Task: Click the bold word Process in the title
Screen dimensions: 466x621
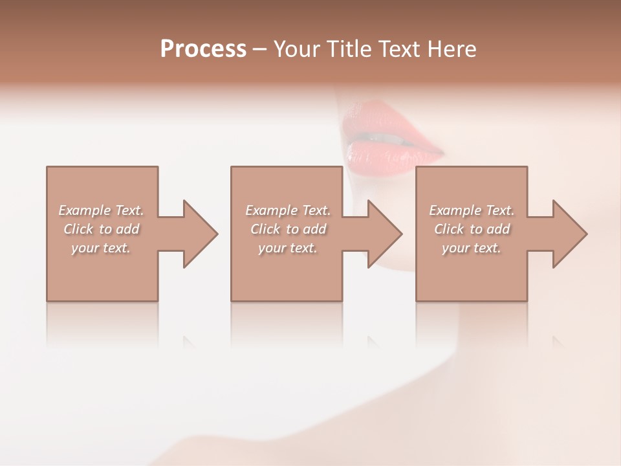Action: click(x=203, y=49)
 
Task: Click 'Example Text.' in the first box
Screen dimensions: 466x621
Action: click(x=102, y=210)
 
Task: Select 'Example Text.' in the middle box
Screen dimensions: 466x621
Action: click(x=288, y=210)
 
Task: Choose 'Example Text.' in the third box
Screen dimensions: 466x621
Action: click(x=472, y=210)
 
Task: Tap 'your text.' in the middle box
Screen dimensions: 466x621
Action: click(x=287, y=248)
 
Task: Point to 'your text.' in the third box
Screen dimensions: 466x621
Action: click(x=471, y=248)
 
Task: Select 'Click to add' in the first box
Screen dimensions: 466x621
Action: click(x=102, y=229)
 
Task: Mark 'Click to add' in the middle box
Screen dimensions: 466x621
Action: click(x=288, y=229)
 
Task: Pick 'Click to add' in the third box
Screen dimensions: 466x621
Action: click(x=472, y=229)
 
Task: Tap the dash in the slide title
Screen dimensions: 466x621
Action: click(x=260, y=49)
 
